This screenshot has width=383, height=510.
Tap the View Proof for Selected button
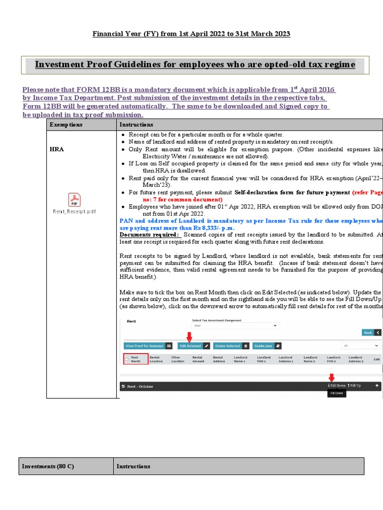148,346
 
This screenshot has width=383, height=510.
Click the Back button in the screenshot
372,332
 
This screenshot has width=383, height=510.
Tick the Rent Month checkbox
127,360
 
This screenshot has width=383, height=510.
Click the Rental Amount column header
197,359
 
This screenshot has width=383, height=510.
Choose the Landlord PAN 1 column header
263,359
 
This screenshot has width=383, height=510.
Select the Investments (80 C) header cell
48,466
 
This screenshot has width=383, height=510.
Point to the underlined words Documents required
149,234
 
